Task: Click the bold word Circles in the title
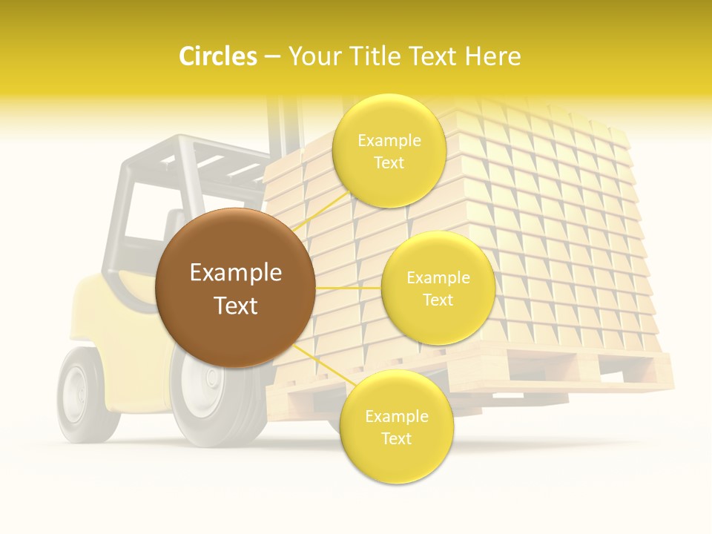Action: [x=218, y=56]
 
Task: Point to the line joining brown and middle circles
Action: [x=349, y=288]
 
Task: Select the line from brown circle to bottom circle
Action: [x=317, y=363]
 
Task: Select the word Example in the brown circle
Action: [x=236, y=273]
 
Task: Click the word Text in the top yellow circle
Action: [x=389, y=162]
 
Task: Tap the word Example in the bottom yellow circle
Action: [x=396, y=417]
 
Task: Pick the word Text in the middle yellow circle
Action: [x=438, y=300]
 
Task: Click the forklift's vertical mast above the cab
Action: [x=286, y=122]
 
